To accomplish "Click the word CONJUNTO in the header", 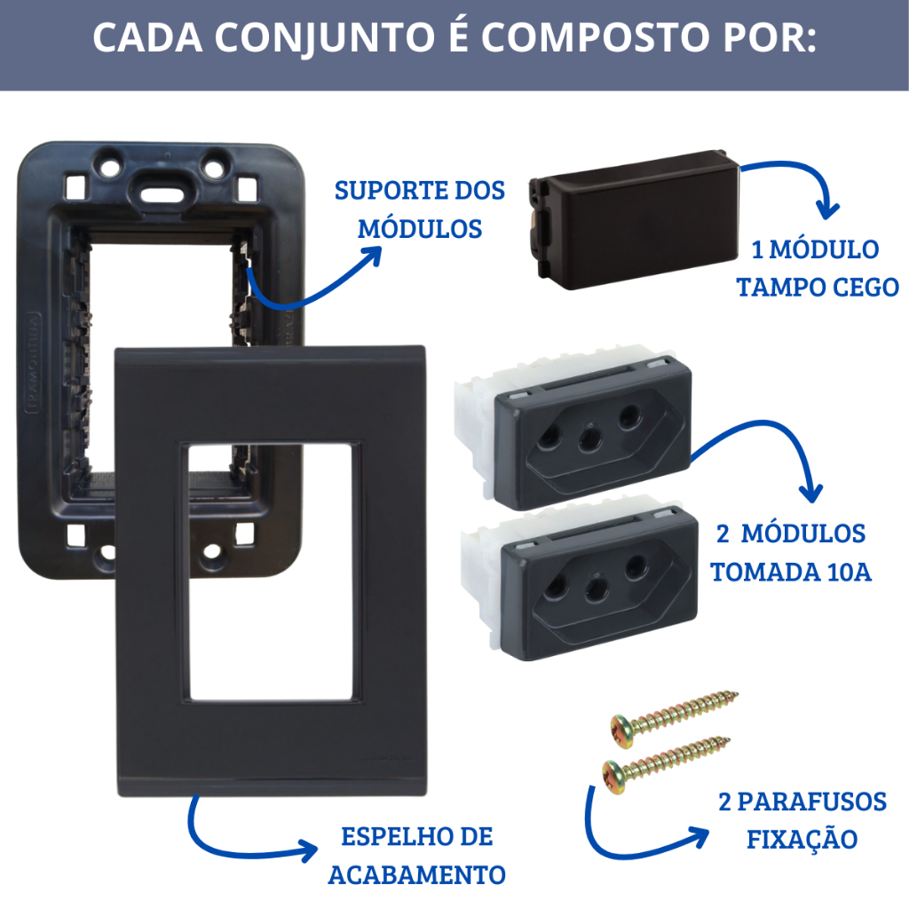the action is click(325, 39).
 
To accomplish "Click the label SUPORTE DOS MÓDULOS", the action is click(420, 209).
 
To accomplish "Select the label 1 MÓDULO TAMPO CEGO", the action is click(818, 268).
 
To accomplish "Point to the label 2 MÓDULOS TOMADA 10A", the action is click(791, 552).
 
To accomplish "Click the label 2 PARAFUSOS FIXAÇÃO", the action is click(802, 820).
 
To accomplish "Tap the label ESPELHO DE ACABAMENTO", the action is click(417, 856).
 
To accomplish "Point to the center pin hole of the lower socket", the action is click(597, 588).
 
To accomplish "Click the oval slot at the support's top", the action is click(162, 193).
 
